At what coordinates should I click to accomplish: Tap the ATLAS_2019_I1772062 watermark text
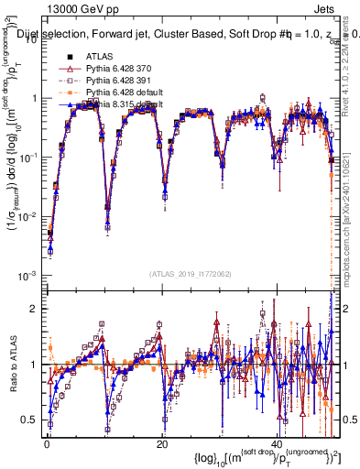(x=190, y=273)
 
